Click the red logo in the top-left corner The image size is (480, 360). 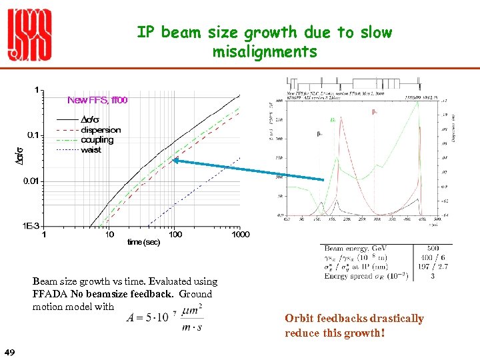[x=29, y=37]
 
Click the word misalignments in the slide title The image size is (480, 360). [x=265, y=51]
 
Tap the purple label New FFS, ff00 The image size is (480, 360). [x=97, y=100]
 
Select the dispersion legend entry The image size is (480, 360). [x=101, y=130]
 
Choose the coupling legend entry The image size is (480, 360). [x=97, y=140]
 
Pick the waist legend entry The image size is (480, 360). [x=91, y=150]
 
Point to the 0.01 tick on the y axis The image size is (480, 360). [x=31, y=181]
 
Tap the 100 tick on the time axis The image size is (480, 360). [x=175, y=234]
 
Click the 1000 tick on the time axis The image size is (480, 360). [x=240, y=234]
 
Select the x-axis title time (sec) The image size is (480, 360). [x=143, y=243]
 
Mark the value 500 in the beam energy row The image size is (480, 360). [x=435, y=248]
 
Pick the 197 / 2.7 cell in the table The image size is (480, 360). [x=435, y=267]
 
